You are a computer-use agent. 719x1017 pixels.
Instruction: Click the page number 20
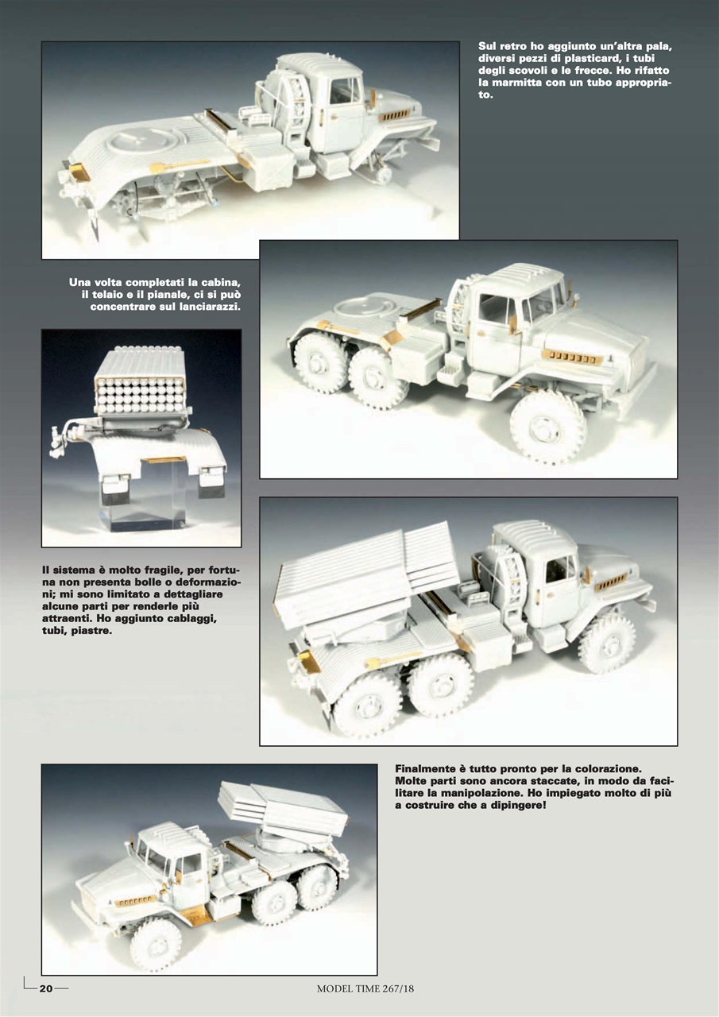click(x=46, y=988)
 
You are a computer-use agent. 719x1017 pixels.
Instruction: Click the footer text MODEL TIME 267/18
click(x=365, y=989)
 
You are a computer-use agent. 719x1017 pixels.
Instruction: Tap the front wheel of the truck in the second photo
click(x=547, y=426)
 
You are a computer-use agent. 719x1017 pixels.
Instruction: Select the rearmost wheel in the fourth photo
click(x=367, y=704)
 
